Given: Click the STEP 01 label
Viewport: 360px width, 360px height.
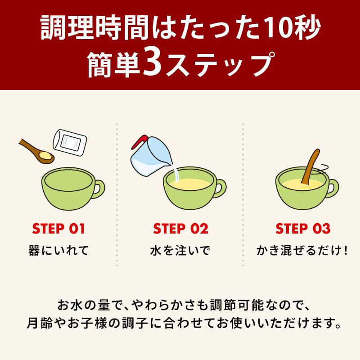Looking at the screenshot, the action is coord(58,229).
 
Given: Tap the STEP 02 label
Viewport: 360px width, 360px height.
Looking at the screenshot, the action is coord(181,229).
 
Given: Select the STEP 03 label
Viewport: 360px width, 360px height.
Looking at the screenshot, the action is coord(303,229).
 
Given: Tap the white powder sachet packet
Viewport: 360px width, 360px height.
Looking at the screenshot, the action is coord(70,143).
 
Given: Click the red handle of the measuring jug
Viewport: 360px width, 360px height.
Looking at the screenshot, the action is coord(139,141).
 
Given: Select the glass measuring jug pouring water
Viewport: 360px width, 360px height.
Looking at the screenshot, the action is coord(150,156).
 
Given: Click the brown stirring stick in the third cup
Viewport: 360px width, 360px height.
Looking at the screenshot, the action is coord(311,166).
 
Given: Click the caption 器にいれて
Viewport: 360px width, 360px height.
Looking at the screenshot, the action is coord(58,250).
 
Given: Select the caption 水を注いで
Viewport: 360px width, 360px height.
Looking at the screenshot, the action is coord(180,250).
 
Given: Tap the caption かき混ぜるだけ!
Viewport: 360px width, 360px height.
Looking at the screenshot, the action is coord(302,250).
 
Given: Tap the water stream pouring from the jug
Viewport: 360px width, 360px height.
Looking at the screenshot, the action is coord(176,173).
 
